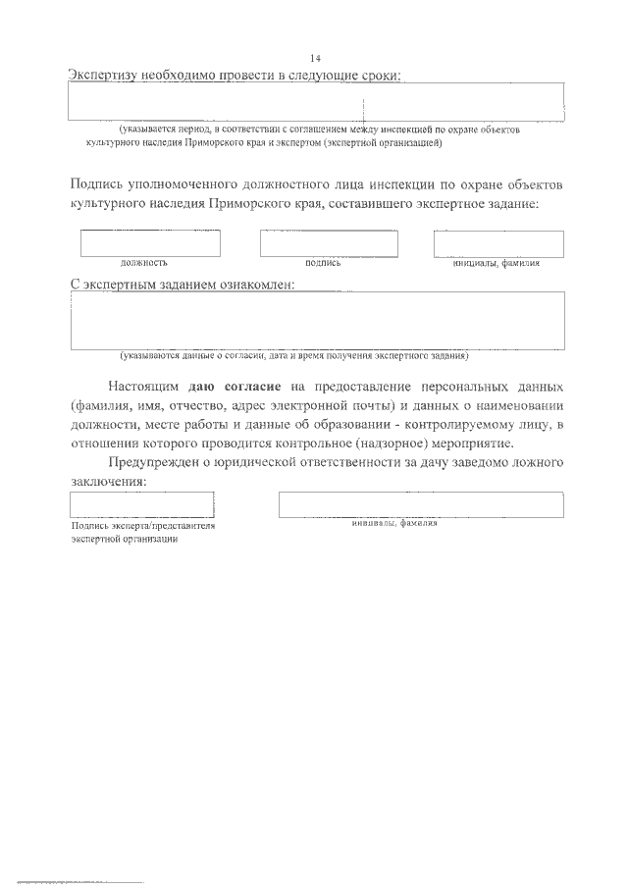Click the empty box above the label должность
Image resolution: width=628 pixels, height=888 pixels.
point(150,243)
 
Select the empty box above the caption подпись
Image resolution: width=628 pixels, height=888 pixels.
point(329,243)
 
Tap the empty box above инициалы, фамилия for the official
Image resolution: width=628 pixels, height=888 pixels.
point(498,243)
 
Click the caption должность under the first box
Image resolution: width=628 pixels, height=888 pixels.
point(144,263)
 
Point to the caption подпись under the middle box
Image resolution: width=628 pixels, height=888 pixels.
point(323,263)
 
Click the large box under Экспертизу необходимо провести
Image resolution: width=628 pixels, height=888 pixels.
point(316,100)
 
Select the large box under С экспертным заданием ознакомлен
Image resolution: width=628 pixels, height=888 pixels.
point(316,320)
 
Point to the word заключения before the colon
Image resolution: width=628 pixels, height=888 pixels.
point(107,482)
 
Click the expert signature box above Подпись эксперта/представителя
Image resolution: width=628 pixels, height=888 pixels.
point(142,504)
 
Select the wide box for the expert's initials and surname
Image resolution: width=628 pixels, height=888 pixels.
point(421,504)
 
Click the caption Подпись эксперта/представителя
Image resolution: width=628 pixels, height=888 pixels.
point(142,526)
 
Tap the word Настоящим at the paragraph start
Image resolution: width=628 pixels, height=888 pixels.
point(144,387)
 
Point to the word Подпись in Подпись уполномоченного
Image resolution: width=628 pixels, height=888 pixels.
point(103,184)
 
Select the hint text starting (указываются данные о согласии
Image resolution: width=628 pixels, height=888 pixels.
point(294,354)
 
